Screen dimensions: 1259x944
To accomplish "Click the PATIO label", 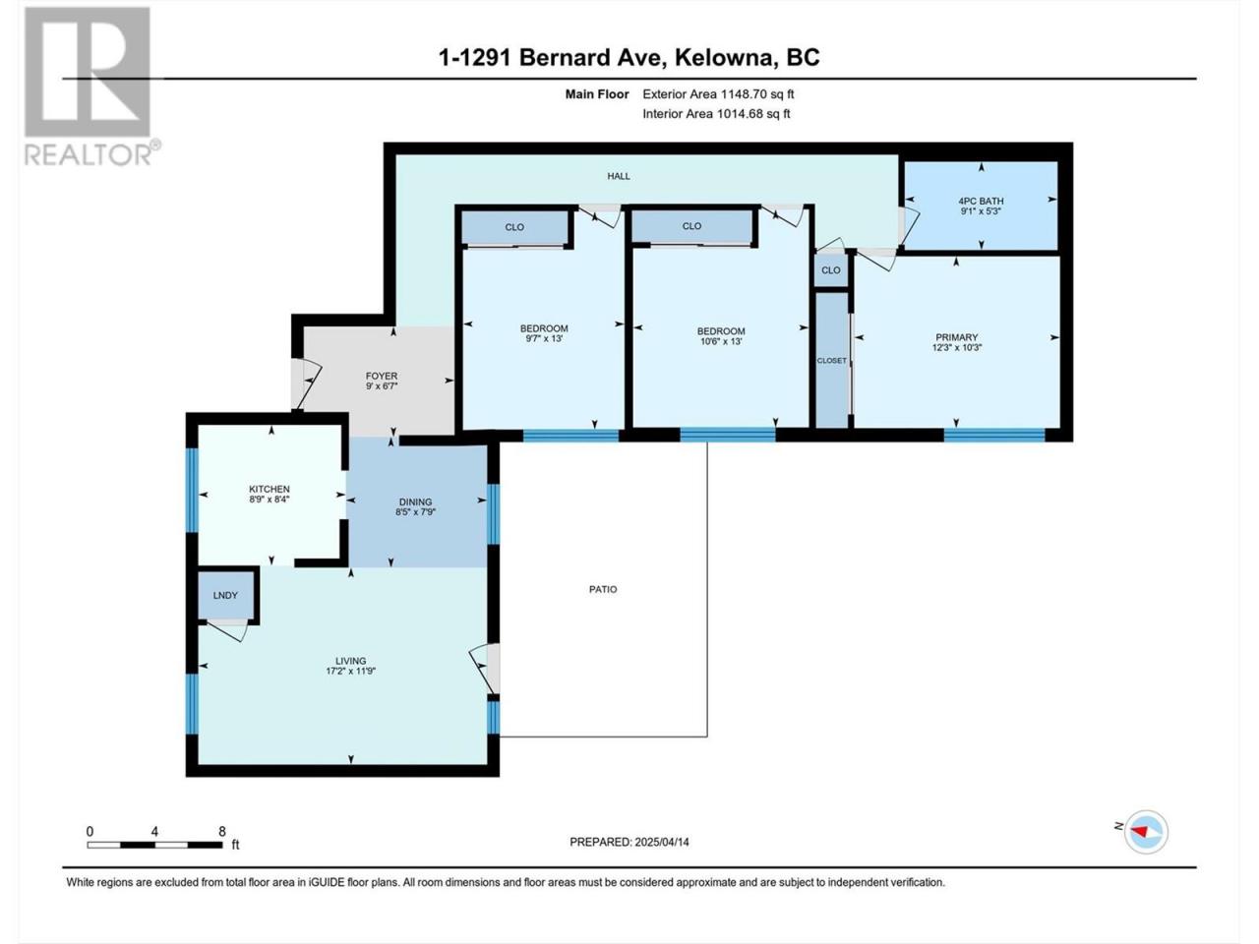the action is [x=603, y=589].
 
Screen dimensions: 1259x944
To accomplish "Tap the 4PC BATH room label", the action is [x=981, y=202].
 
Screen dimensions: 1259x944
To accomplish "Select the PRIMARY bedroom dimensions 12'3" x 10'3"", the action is [x=957, y=347].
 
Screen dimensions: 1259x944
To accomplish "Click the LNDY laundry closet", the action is [x=225, y=596].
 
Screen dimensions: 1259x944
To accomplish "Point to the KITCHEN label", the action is [x=269, y=489].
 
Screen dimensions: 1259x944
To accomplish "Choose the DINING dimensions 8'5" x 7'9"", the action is [x=415, y=512].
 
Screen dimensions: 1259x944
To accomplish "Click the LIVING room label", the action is [x=350, y=661].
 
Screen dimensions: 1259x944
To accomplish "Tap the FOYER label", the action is [x=382, y=376].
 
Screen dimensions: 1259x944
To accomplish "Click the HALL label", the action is [x=619, y=176].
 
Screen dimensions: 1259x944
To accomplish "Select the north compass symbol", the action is [x=1146, y=832].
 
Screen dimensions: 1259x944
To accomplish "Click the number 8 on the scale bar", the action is [x=222, y=831].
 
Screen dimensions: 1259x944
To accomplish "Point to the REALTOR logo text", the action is [x=91, y=154].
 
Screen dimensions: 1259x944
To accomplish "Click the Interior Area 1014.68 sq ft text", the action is [x=716, y=113].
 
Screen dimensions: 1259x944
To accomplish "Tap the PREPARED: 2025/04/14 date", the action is [x=629, y=842].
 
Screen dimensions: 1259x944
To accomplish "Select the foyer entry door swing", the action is [x=306, y=383].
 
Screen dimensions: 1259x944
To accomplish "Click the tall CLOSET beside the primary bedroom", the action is [x=832, y=360].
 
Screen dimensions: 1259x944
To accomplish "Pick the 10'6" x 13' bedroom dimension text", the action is [x=720, y=341].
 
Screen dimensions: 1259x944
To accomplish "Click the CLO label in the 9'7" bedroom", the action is [x=513, y=227].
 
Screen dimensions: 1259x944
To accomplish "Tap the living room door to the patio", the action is [x=485, y=669].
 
